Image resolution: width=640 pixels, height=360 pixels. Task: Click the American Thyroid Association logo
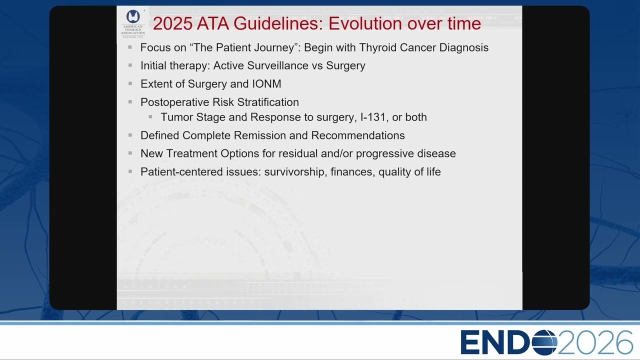point(133,23)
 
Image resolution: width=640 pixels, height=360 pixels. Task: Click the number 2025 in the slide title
point(172,23)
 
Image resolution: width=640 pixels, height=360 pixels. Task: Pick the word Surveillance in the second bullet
point(277,65)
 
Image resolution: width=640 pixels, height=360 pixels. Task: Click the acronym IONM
point(266,84)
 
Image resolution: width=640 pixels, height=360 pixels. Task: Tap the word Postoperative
point(176,102)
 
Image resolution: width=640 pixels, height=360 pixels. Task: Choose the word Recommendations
point(358,135)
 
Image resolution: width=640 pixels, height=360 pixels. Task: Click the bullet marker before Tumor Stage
point(150,116)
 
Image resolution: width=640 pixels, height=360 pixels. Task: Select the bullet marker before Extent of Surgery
point(130,83)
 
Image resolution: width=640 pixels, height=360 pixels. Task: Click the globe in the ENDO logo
point(544,342)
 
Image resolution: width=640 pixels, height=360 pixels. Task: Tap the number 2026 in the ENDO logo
point(595,342)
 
